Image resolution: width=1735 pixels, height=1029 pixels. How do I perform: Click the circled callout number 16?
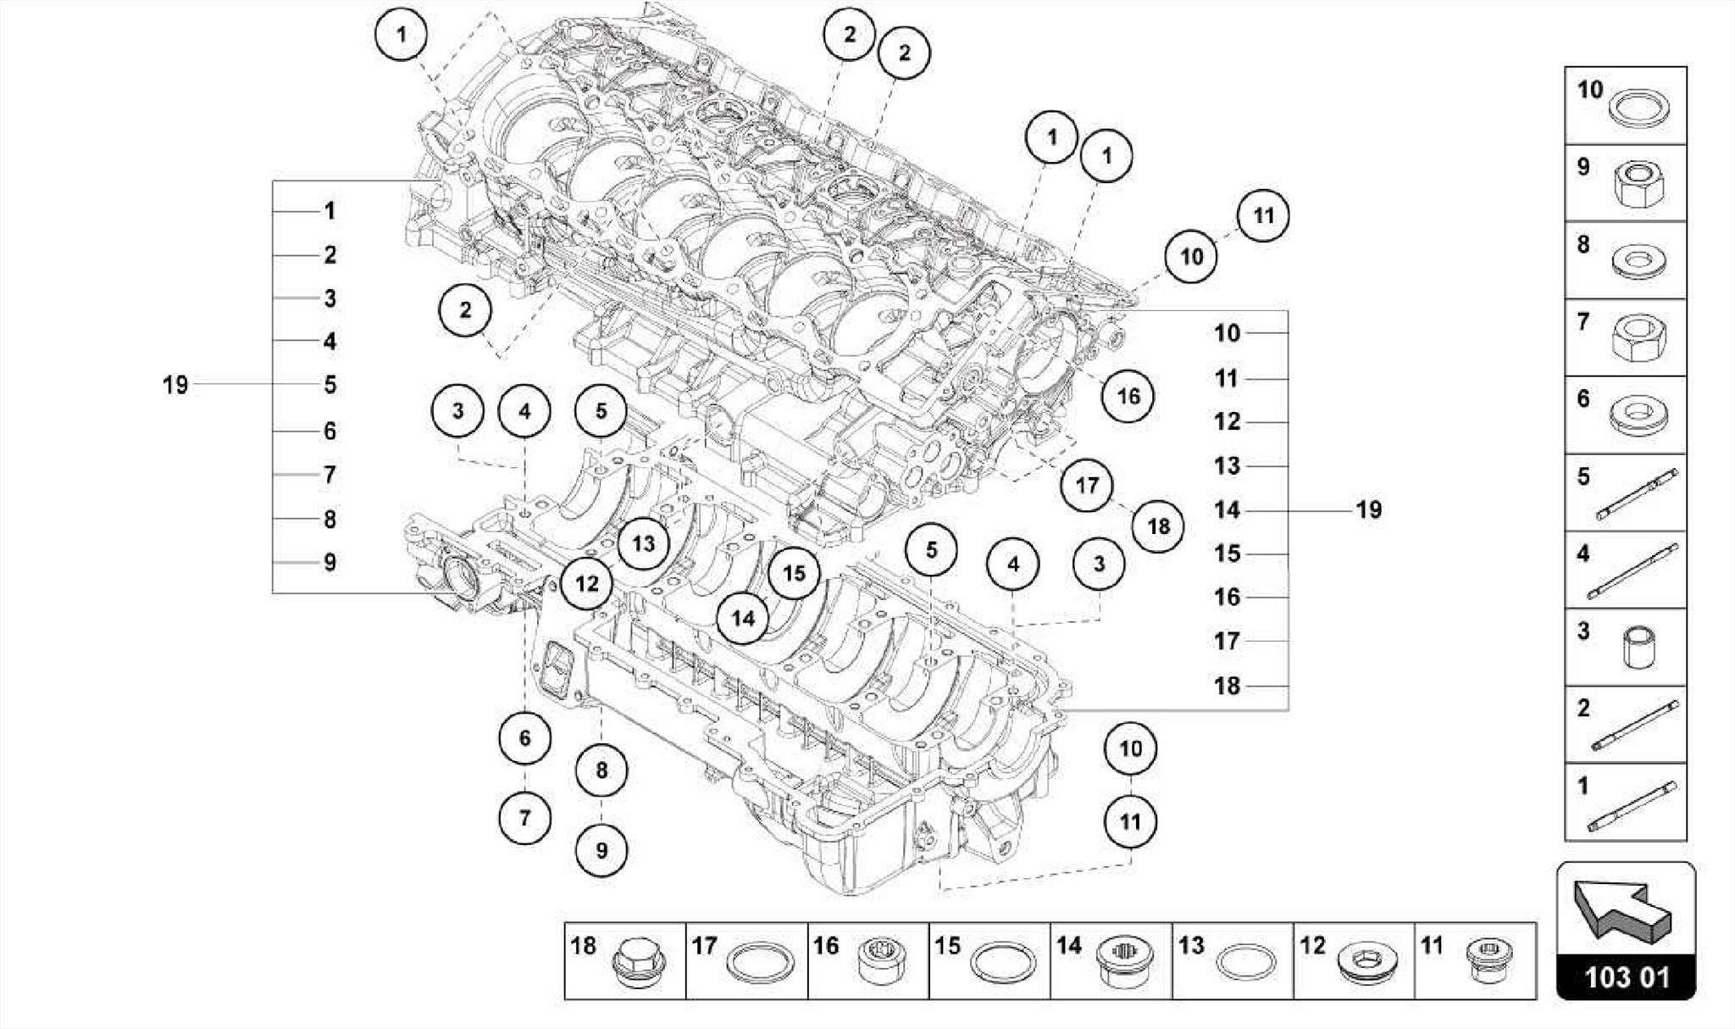coord(1128,396)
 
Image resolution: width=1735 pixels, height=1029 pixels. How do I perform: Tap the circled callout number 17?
coord(1087,485)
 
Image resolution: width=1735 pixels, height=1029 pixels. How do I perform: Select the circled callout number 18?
coord(1158,526)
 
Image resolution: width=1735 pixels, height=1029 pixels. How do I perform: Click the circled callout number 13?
coord(643,543)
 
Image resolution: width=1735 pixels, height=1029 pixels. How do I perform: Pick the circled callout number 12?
coord(586,583)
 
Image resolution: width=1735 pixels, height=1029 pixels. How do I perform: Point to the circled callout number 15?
coord(794,574)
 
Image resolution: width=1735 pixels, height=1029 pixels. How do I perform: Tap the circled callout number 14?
coord(743,618)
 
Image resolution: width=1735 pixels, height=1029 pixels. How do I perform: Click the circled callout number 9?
coord(601,850)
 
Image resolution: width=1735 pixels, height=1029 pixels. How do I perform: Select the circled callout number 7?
coord(524,818)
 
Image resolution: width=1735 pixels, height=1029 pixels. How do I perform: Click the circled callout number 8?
coord(601,770)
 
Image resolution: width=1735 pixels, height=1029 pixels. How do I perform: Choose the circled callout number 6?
coord(524,737)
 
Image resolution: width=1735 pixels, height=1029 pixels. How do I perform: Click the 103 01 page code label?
coord(1627,977)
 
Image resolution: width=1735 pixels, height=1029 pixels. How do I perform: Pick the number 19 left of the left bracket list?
coord(175,385)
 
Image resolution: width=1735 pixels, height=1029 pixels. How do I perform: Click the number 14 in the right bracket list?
coord(1227,510)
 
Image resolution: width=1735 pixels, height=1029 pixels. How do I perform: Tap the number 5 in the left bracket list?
coord(330,385)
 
